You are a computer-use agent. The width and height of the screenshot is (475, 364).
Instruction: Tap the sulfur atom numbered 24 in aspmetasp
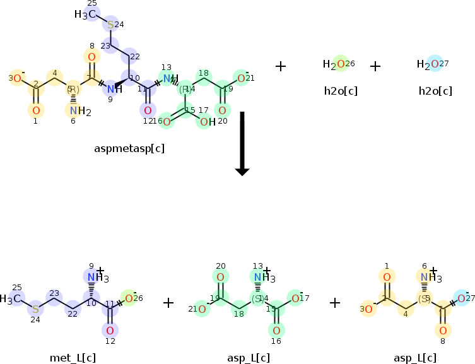coord(110,25)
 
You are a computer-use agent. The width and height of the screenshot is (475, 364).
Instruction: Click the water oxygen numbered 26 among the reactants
coord(340,64)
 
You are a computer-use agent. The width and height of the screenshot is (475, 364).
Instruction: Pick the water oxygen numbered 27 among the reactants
coord(434,64)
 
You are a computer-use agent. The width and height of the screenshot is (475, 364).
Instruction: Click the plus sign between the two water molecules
coord(375,66)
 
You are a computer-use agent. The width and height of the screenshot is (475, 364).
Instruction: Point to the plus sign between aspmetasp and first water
coord(281,66)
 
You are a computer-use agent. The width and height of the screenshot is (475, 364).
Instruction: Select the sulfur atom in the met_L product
coord(36,308)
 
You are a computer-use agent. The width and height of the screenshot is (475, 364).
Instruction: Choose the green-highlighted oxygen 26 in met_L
coord(128,298)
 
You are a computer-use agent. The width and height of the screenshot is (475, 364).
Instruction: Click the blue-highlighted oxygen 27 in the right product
coord(461,298)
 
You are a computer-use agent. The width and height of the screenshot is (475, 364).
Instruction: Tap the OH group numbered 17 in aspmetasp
coord(203,121)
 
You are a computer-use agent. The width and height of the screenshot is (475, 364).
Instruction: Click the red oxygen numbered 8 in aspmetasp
coord(91,57)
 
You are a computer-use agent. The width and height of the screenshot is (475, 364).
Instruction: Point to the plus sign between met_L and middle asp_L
coord(168,303)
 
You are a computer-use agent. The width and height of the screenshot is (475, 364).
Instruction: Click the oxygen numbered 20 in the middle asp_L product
coord(220,277)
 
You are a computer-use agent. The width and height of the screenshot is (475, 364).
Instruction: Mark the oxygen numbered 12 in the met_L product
coord(110,330)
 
